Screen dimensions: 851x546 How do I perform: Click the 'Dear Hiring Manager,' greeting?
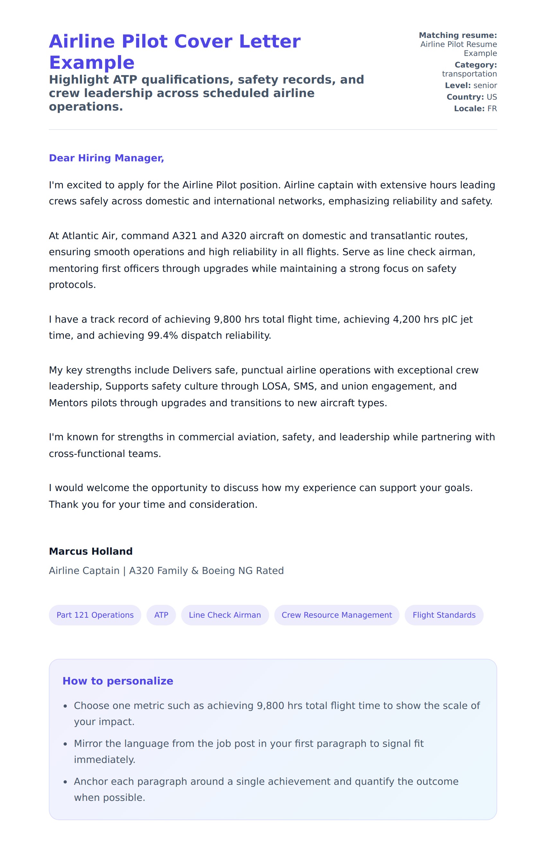106,158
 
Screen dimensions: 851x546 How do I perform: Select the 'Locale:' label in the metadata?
469,109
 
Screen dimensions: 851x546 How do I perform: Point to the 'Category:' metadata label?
475,65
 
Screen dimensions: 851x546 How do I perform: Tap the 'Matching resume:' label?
458,35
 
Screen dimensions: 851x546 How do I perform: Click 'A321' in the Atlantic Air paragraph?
184,236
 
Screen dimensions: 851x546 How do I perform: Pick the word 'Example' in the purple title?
92,63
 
